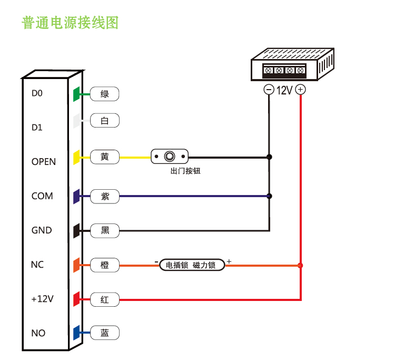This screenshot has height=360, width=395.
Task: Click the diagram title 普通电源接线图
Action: (x=70, y=23)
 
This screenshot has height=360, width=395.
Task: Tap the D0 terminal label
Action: (x=37, y=93)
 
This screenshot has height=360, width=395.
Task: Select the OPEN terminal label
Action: (x=43, y=162)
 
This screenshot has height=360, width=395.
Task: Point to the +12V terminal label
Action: (x=42, y=299)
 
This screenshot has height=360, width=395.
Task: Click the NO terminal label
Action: (x=38, y=333)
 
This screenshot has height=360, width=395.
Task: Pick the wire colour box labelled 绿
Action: (x=105, y=94)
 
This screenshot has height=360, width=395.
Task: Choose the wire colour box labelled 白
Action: (x=105, y=121)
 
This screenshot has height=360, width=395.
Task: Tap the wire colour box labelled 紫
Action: (x=105, y=196)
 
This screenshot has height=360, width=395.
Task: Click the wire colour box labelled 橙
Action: (x=105, y=265)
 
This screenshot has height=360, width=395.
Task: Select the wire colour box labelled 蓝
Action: (x=105, y=333)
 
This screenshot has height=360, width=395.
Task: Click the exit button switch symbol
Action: (x=170, y=157)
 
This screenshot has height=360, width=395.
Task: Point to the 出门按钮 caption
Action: (x=185, y=171)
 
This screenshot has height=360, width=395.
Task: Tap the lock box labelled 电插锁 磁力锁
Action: (x=192, y=265)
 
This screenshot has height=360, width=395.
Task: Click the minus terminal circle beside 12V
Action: (x=269, y=90)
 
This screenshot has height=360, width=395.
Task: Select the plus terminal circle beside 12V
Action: (x=300, y=90)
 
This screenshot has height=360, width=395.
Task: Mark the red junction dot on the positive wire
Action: (x=300, y=265)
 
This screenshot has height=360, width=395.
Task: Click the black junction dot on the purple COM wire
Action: (x=269, y=196)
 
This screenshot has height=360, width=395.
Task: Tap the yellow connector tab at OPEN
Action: (x=76, y=157)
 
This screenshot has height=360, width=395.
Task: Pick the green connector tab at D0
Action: (x=76, y=94)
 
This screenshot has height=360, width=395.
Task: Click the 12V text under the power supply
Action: (x=284, y=90)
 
